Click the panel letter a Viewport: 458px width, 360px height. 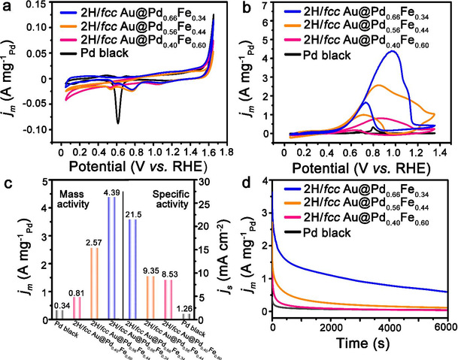[6, 8]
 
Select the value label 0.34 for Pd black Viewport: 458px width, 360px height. [59, 303]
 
